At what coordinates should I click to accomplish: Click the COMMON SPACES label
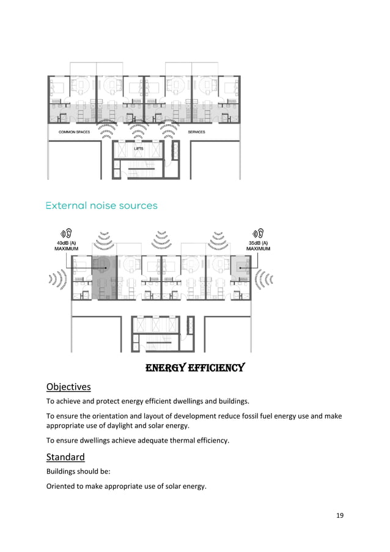[74, 132]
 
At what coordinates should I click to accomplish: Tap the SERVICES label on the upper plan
[196, 132]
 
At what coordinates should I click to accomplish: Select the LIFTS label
[139, 149]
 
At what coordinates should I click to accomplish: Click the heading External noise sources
[101, 206]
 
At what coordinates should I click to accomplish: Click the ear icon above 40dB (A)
[66, 233]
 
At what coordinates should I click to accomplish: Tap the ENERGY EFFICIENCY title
[195, 368]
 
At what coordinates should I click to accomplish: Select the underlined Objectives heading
[68, 387]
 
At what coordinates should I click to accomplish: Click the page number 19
[340, 515]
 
